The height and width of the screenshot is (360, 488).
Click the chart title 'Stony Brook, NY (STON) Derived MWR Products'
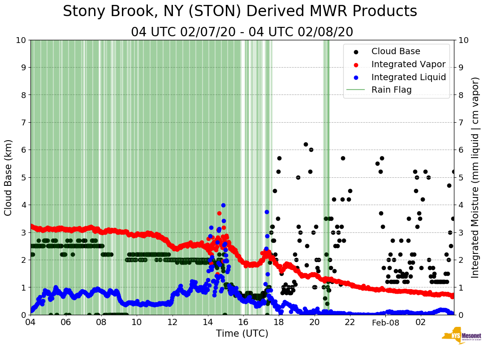240,12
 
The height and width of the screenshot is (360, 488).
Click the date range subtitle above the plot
242,32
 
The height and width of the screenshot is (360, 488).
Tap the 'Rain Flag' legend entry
391,90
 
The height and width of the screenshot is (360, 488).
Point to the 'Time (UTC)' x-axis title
242,334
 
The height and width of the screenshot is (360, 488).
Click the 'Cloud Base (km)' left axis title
9,177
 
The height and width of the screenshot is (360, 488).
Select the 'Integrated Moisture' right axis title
475,177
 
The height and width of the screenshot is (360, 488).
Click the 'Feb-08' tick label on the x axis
385,322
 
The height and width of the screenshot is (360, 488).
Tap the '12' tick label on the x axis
173,322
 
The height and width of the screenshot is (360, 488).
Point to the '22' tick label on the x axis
350,322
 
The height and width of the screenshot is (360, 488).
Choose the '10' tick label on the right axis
463,40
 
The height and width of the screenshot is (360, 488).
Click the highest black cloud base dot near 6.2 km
306,144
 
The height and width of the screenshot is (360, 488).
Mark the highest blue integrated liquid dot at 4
223,205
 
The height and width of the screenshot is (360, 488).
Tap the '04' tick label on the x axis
30,322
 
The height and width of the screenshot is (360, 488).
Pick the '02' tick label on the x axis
420,322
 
